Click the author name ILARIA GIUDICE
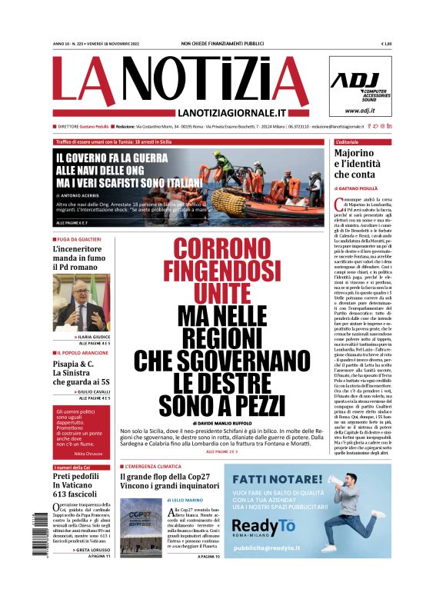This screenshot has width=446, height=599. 92,337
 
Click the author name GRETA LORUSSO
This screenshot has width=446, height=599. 93,550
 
